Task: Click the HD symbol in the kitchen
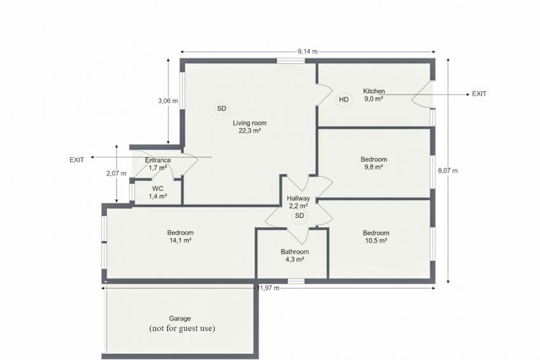344,100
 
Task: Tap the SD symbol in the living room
222,108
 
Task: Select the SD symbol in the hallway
299,216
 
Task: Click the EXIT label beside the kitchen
479,94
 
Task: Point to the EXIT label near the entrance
77,160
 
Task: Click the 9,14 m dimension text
308,52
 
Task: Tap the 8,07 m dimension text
448,171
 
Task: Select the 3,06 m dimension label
168,101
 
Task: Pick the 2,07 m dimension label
117,173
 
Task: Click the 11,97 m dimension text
268,288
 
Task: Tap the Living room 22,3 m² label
250,126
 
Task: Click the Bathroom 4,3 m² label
294,256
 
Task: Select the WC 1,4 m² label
158,192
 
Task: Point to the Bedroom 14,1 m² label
180,236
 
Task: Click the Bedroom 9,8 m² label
374,163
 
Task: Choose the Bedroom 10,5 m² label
376,236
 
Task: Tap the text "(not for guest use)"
182,328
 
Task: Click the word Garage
180,319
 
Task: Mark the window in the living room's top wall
291,61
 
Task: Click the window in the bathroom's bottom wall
296,281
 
